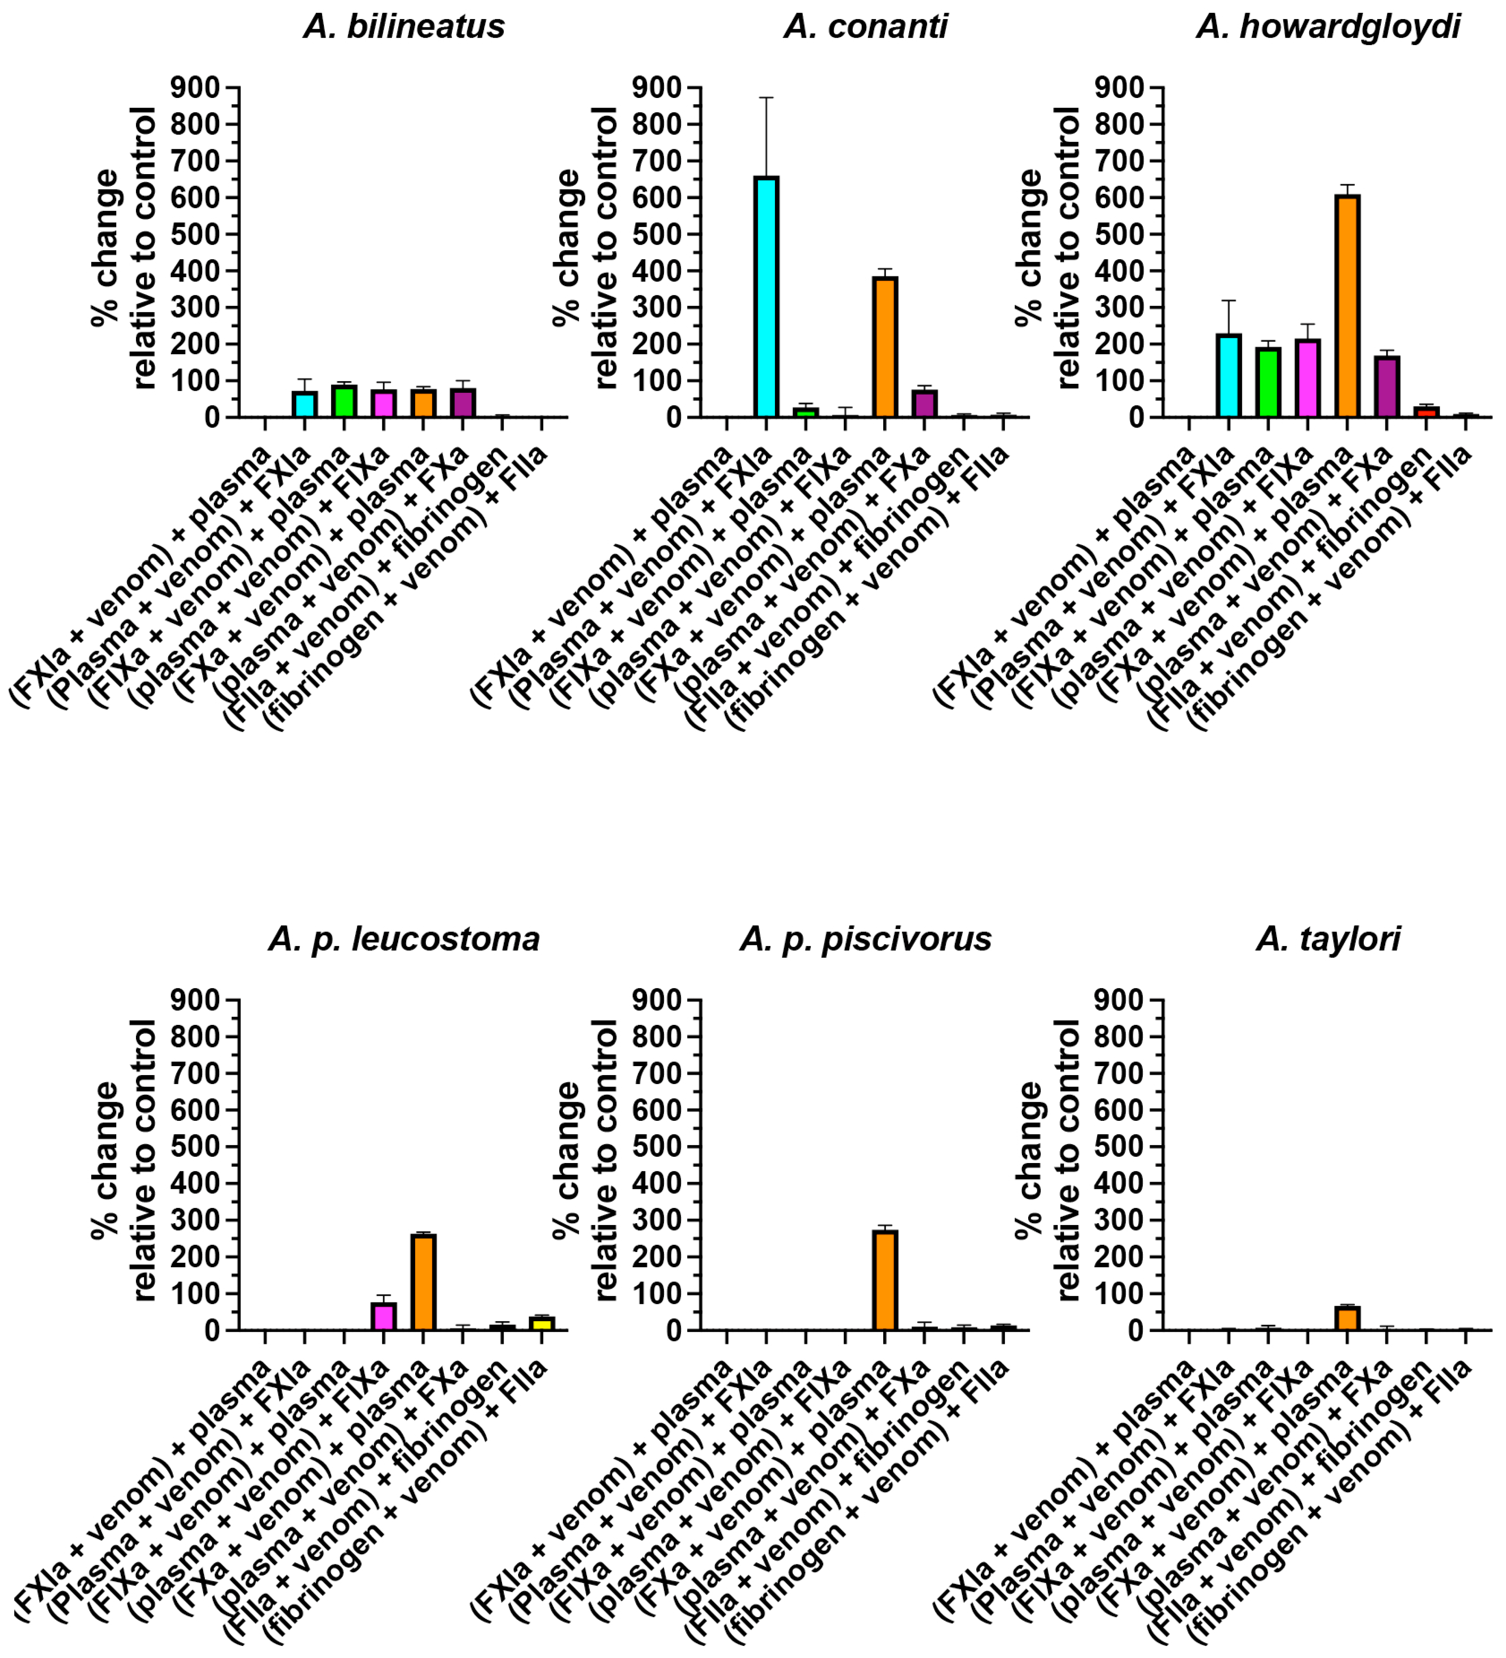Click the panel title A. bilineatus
pyautogui.click(x=404, y=26)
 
